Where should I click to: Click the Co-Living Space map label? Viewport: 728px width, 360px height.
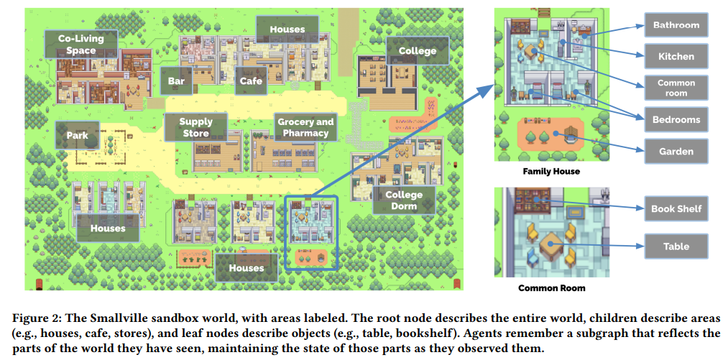coord(80,44)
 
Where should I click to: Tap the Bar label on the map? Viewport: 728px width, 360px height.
coord(177,81)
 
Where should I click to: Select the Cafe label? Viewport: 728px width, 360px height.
coord(251,81)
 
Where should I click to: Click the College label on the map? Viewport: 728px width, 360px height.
coord(417,51)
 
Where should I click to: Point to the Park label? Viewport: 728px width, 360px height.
coord(77,135)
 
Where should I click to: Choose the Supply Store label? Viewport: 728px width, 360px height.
coord(195,128)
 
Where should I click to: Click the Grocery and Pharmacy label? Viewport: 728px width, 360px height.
coord(305,128)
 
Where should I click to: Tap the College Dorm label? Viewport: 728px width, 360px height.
coord(404,200)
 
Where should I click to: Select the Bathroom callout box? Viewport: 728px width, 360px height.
coord(676,25)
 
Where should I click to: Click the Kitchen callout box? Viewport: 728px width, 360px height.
coord(676,56)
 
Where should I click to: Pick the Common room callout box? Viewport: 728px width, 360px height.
coord(676,88)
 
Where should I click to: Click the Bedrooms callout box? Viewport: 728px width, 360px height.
coord(676,119)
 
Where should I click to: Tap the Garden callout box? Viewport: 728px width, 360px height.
coord(676,151)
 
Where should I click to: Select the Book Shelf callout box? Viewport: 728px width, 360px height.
coord(676,208)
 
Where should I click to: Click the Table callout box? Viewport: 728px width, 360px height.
coord(676,246)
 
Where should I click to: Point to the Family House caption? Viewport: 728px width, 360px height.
coord(551,172)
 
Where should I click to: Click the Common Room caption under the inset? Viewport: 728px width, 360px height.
coord(551,288)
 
